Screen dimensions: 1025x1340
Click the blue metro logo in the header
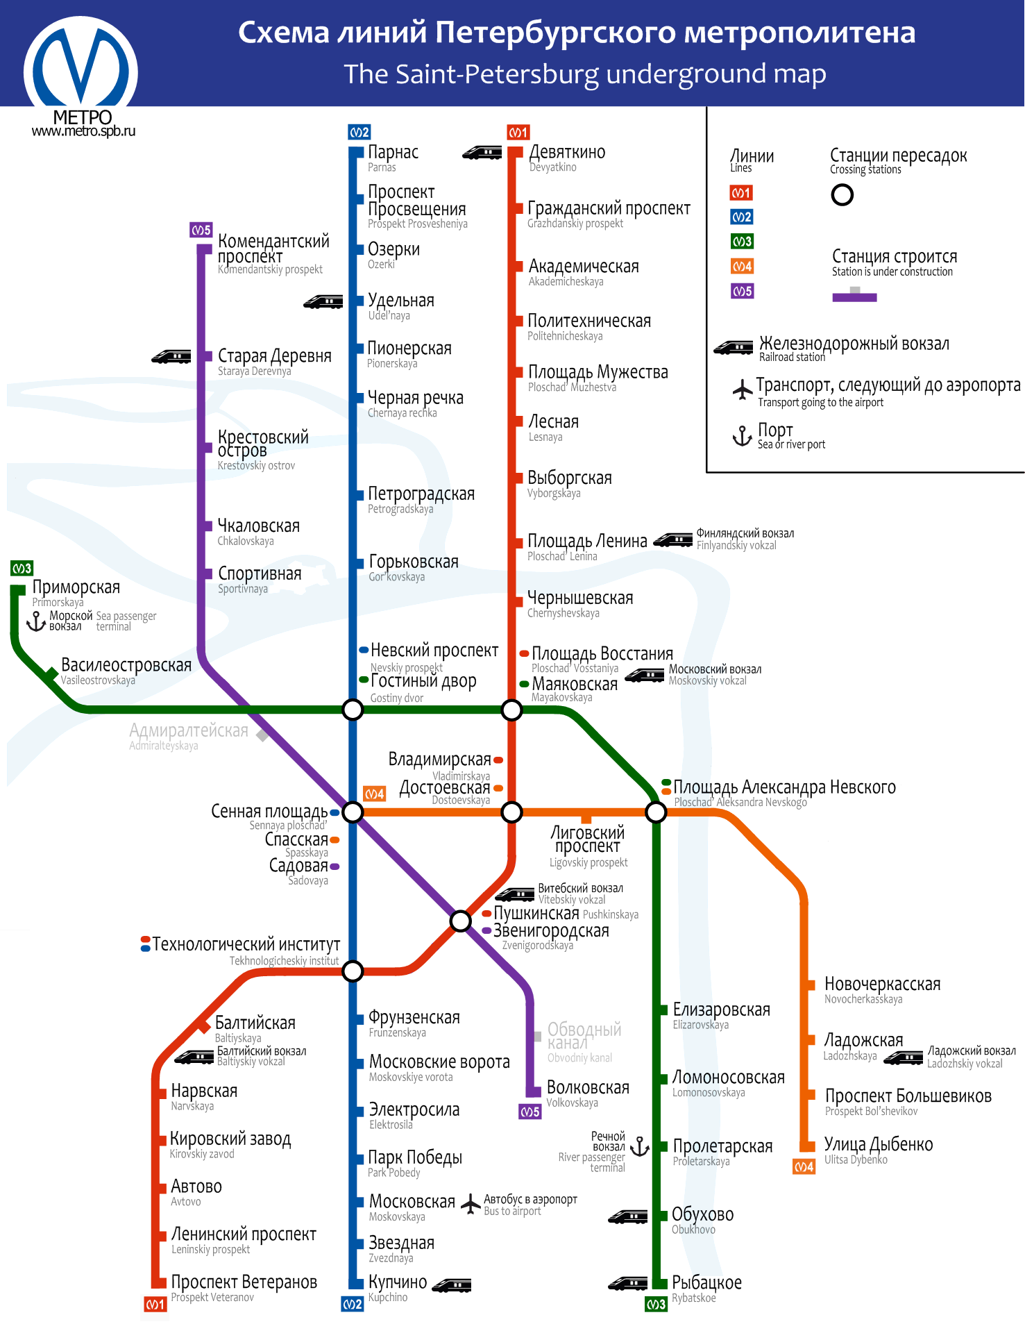tap(81, 72)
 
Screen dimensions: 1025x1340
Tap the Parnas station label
tap(393, 158)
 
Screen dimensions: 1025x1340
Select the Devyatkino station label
tap(567, 158)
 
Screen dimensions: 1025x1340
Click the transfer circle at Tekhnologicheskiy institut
tap(353, 971)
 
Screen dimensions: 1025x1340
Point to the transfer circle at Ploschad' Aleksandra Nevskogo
tap(656, 812)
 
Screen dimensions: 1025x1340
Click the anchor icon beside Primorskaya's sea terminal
tap(36, 621)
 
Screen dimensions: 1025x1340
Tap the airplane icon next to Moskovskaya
tap(471, 1204)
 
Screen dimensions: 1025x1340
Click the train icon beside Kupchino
tap(452, 1285)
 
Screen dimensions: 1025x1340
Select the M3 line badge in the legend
tap(742, 242)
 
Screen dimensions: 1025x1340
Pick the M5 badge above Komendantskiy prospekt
tap(201, 230)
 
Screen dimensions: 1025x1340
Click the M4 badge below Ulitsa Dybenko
tap(804, 1166)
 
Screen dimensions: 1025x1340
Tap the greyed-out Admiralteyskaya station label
tap(188, 736)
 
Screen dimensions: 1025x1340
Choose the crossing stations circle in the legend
tap(842, 195)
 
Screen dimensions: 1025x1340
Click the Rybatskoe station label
tap(706, 1289)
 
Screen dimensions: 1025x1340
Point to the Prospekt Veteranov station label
tap(244, 1288)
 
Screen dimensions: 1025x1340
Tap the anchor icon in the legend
tap(743, 436)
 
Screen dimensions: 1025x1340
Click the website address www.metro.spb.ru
tap(83, 131)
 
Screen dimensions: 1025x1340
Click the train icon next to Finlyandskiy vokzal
tap(673, 539)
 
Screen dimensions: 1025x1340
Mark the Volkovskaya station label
tap(588, 1093)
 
